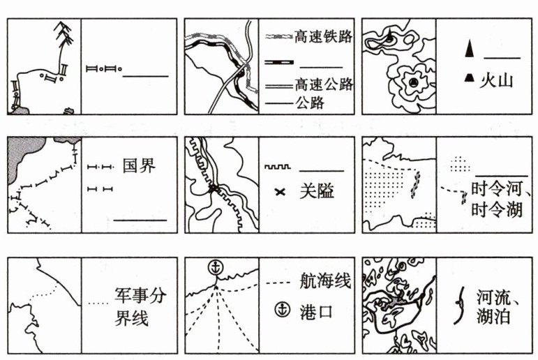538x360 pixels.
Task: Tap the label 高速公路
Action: (x=323, y=84)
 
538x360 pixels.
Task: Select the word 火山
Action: (x=496, y=80)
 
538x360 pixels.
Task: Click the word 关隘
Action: (x=316, y=191)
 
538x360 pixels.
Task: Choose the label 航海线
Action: (x=322, y=282)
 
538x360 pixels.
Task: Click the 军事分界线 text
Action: (x=140, y=305)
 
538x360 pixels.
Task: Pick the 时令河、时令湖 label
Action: (x=497, y=199)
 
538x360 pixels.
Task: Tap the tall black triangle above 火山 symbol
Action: (x=470, y=50)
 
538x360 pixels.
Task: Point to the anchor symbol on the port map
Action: (x=216, y=267)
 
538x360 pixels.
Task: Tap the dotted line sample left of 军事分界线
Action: (x=100, y=304)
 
